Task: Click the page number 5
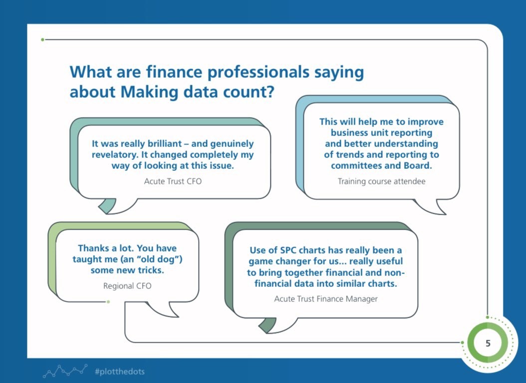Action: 488,343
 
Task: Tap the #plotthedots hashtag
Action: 120,371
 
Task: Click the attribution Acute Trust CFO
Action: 173,181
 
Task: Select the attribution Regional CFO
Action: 127,286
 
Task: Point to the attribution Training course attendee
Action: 381,181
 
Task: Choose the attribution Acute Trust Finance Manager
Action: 326,299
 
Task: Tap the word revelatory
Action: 115,155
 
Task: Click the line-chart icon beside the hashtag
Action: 65,371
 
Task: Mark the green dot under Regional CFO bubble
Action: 108,302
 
